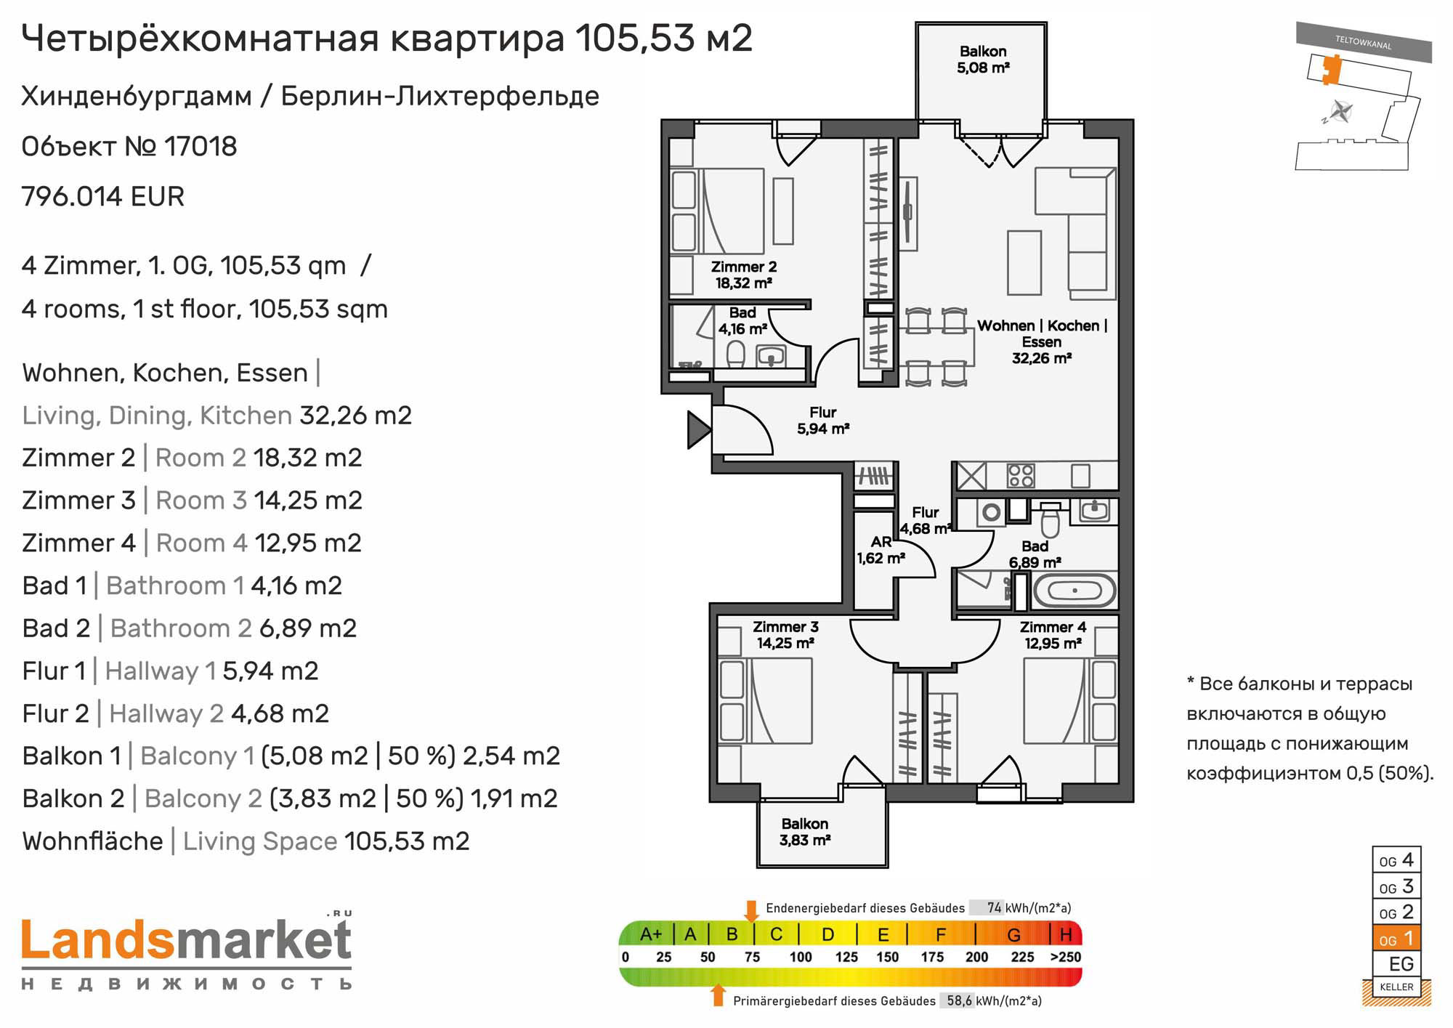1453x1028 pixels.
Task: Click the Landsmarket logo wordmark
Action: coord(187,940)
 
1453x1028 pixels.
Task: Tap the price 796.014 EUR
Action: coord(103,196)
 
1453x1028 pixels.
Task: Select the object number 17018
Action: coord(201,147)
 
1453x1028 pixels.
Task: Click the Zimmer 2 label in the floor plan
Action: coord(743,275)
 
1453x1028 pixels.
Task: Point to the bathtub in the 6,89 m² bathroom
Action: coord(1074,591)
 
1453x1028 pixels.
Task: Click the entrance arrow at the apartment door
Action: coord(699,429)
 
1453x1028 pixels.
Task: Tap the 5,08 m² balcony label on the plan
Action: coord(983,60)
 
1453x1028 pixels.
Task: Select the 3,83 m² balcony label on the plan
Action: coord(805,832)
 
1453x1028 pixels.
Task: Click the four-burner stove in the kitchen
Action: coord(1020,476)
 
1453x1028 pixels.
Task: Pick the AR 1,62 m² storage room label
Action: coord(881,550)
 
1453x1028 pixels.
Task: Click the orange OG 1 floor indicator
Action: coord(1396,939)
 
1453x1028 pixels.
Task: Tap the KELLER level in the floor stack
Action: coord(1396,987)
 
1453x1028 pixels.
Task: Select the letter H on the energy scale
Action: coord(1066,934)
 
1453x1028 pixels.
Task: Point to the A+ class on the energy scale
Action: coord(651,934)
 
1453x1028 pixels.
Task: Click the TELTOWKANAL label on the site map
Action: coord(1363,43)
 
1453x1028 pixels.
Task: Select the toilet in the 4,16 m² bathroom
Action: coord(736,355)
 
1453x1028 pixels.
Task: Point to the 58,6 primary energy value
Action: coord(959,1001)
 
